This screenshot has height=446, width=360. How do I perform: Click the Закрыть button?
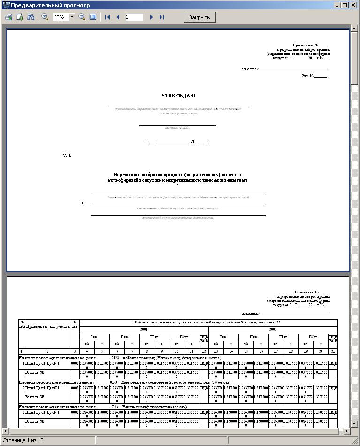coord(200,17)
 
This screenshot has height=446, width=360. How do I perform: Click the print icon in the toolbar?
coord(8,17)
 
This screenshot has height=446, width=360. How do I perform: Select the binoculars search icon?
coord(31,17)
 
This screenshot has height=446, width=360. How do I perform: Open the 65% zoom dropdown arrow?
coord(72,17)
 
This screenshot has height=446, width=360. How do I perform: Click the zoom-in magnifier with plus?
coord(45,17)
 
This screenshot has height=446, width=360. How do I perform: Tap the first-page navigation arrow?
coord(107,17)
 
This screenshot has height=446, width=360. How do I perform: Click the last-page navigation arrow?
coord(162,17)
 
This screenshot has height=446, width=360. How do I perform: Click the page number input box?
coord(134,17)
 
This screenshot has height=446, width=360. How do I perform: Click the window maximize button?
coord(345,5)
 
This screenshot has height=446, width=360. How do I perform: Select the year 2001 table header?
coord(144,330)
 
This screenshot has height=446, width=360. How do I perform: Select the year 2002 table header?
coord(273,330)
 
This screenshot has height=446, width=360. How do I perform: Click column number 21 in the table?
coord(333,351)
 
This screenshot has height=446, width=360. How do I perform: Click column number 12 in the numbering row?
coord(204,351)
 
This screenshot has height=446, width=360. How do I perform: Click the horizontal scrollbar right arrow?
coord(347,431)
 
